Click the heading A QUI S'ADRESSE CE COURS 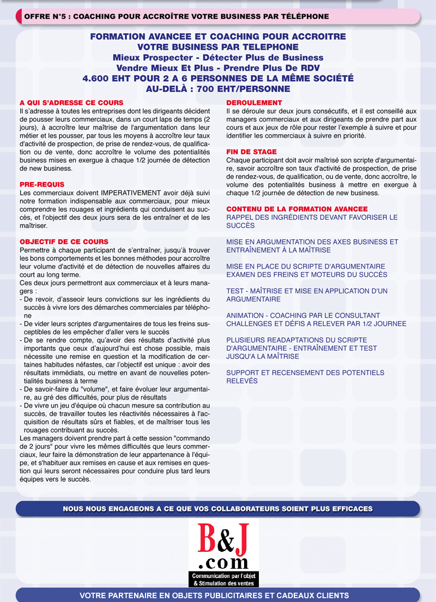(x=71, y=103)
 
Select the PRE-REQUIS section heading (x=42, y=184)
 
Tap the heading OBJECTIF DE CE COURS (x=64, y=242)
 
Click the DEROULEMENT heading (x=254, y=103)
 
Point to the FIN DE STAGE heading (x=251, y=152)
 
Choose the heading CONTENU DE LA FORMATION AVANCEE (x=297, y=209)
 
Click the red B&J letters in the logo (x=223, y=540)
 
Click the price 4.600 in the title (x=100, y=78)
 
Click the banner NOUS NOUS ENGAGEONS (x=218, y=509)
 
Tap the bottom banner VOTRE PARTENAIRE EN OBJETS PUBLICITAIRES (x=218, y=595)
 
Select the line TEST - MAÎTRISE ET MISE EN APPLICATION (x=307, y=291)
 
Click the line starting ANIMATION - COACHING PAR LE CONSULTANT (x=303, y=315)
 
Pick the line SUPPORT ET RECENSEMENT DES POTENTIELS (x=305, y=373)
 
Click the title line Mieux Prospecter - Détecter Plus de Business (x=218, y=57)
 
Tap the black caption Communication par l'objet (x=224, y=576)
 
